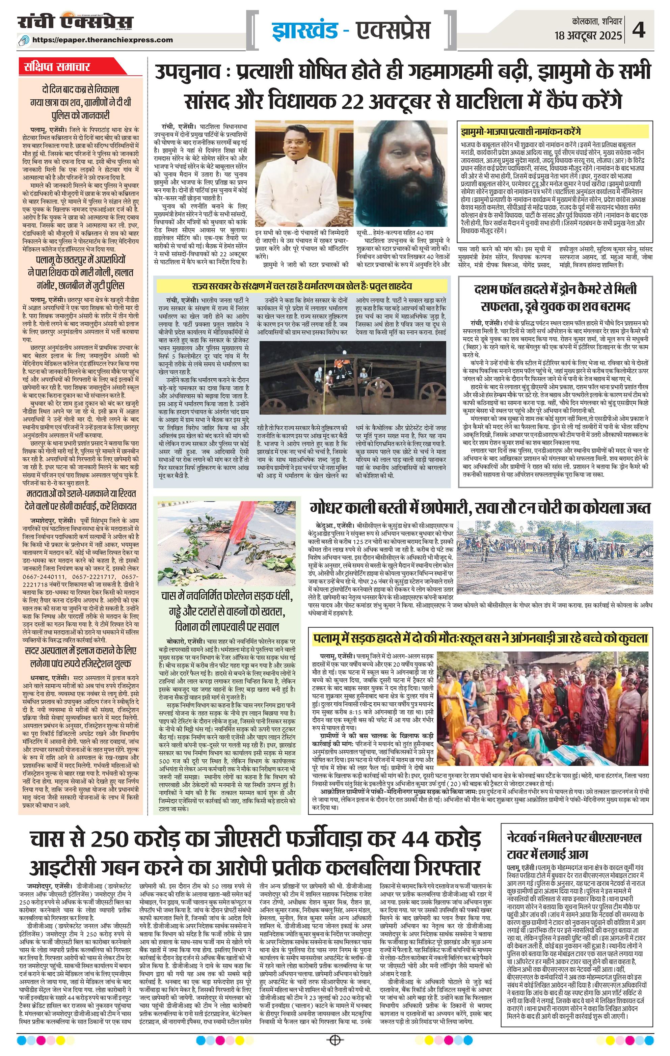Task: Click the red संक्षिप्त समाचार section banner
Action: [57, 67]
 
